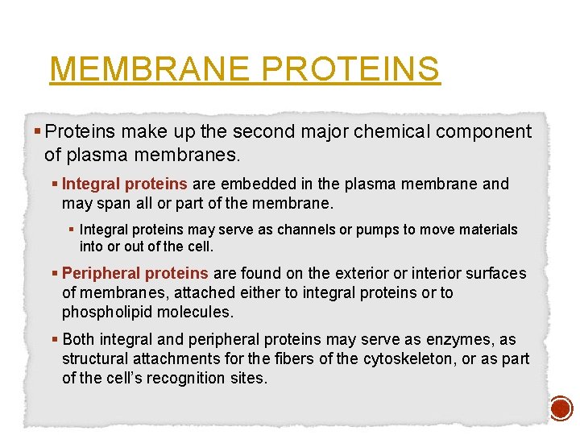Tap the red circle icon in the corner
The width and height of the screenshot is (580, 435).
pyautogui.click(x=561, y=409)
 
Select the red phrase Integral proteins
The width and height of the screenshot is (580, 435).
pyautogui.click(x=125, y=184)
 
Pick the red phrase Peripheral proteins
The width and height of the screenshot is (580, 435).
pyautogui.click(x=135, y=274)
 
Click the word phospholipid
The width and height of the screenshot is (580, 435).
pyautogui.click(x=101, y=312)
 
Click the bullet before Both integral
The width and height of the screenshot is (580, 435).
pyautogui.click(x=56, y=339)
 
